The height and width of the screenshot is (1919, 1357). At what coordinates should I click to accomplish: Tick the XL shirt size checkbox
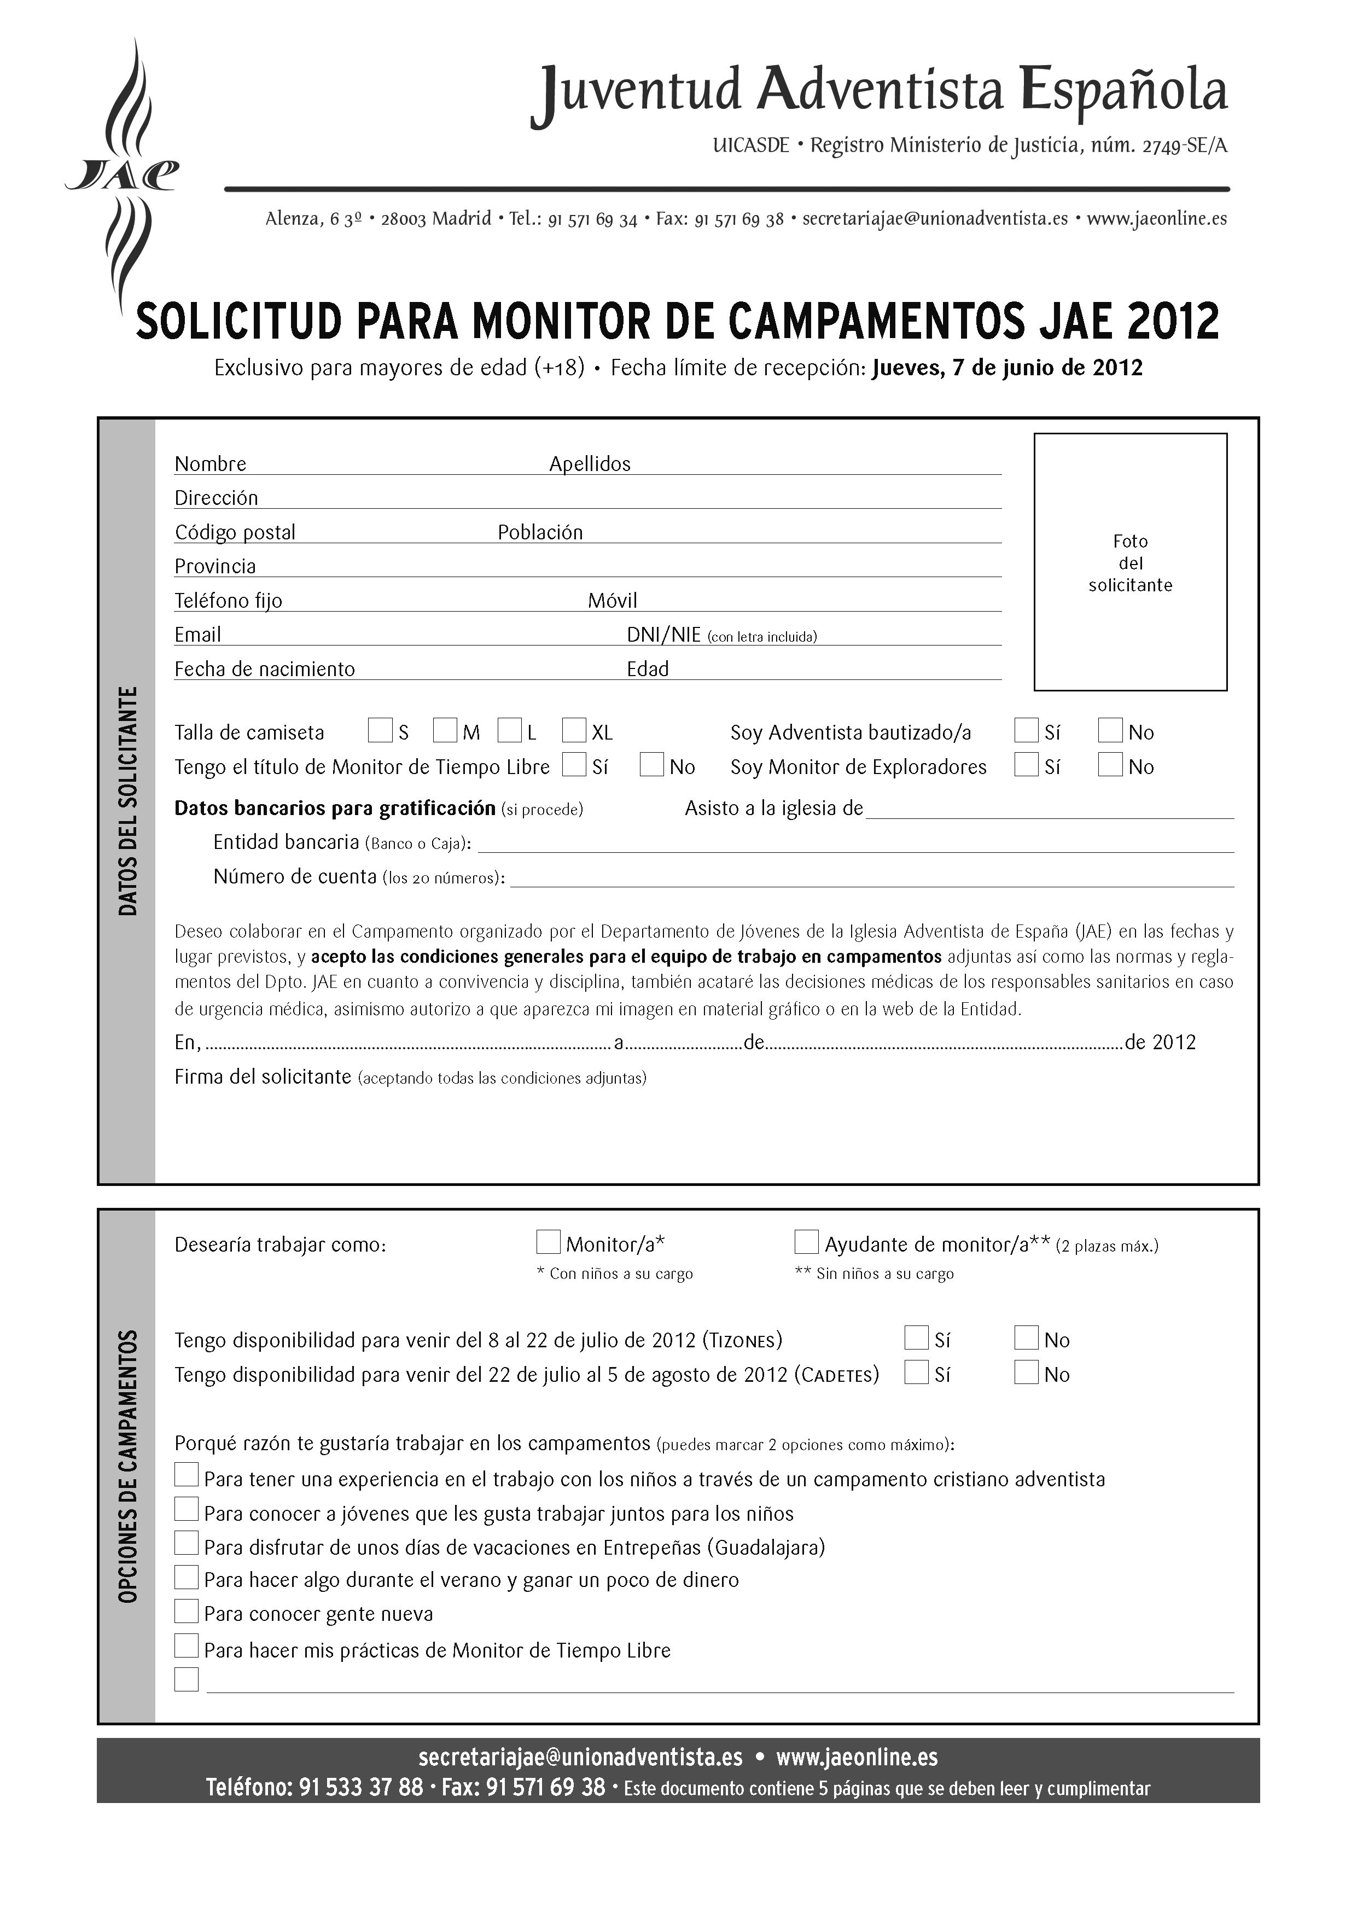pyautogui.click(x=574, y=730)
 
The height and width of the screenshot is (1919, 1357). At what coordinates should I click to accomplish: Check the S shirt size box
pyautogui.click(x=380, y=730)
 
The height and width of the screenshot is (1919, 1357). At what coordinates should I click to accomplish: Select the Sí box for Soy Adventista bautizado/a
pyautogui.click(x=1026, y=730)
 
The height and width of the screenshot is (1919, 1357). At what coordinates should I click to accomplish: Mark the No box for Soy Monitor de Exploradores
pyautogui.click(x=1110, y=765)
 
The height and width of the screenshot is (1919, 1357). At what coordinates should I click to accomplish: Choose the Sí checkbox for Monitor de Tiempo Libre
pyautogui.click(x=574, y=765)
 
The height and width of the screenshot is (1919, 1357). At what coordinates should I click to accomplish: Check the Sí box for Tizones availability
pyautogui.click(x=917, y=1338)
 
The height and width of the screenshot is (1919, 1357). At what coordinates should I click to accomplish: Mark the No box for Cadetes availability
pyautogui.click(x=1026, y=1373)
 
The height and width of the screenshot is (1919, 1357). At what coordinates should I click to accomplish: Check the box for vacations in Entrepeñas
pyautogui.click(x=187, y=1543)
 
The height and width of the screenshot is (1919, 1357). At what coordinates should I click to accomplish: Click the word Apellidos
pyautogui.click(x=590, y=464)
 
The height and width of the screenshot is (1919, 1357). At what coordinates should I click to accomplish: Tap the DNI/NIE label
pyautogui.click(x=663, y=635)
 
